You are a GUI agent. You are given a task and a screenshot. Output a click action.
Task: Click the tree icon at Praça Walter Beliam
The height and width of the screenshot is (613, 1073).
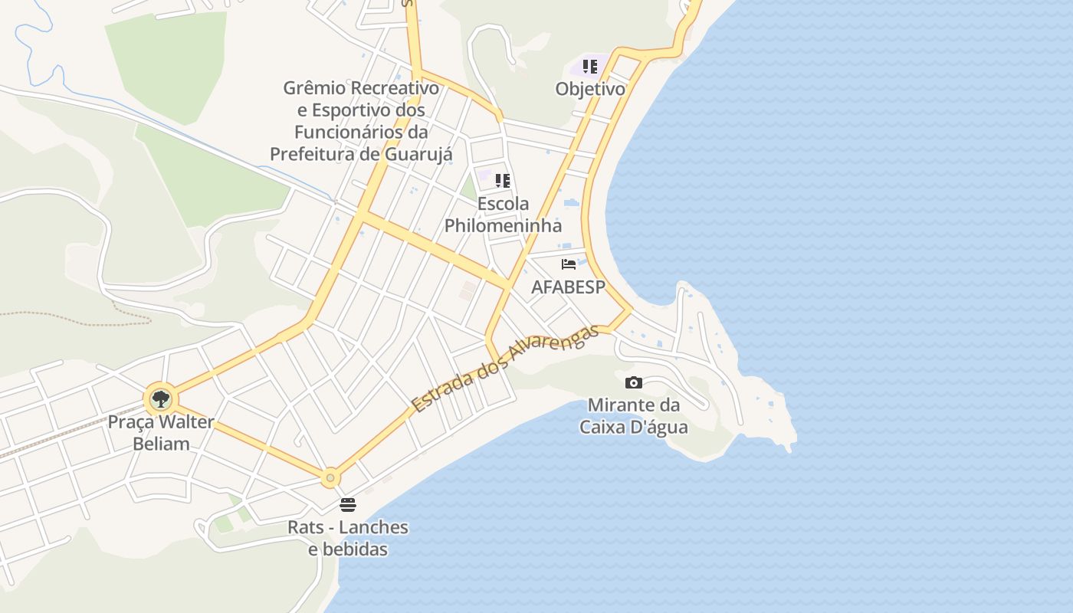pyautogui.click(x=160, y=398)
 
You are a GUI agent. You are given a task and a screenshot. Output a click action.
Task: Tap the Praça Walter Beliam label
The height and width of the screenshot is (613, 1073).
pyautogui.click(x=161, y=432)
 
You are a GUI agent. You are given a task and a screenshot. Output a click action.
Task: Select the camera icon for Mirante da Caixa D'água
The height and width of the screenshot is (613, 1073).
pyautogui.click(x=634, y=382)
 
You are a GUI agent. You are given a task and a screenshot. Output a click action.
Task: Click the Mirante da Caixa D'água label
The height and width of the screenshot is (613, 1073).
pyautogui.click(x=633, y=416)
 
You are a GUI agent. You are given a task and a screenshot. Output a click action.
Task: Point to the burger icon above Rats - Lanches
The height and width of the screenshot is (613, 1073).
pyautogui.click(x=348, y=504)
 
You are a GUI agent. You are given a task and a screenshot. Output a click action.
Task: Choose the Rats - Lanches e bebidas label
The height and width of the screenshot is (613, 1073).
pyautogui.click(x=348, y=538)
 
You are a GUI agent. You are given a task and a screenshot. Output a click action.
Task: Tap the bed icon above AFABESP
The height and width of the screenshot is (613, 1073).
pyautogui.click(x=569, y=264)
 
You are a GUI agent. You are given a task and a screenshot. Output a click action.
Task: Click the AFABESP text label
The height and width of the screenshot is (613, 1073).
pyautogui.click(x=569, y=287)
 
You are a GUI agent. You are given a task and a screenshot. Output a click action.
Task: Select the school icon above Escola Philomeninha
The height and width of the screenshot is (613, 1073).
pyautogui.click(x=503, y=181)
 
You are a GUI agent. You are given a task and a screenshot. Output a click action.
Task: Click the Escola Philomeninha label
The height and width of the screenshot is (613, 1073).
pyautogui.click(x=503, y=215)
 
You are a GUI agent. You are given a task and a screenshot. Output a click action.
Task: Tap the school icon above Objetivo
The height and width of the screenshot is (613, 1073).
pyautogui.click(x=589, y=67)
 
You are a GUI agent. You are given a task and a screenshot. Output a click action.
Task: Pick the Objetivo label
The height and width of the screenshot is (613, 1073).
pyautogui.click(x=590, y=89)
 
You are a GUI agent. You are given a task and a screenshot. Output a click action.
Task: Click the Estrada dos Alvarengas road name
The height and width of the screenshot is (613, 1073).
pyautogui.click(x=504, y=370)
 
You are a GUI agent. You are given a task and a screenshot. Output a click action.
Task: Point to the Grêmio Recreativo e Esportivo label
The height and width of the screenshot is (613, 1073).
pyautogui.click(x=361, y=121)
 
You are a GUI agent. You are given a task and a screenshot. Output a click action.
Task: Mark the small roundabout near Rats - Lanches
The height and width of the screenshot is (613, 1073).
pyautogui.click(x=330, y=477)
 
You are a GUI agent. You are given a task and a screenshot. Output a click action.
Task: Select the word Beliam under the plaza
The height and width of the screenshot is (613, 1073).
pyautogui.click(x=161, y=443)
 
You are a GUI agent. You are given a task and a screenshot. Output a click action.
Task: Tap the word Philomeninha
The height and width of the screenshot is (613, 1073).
pyautogui.click(x=503, y=226)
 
